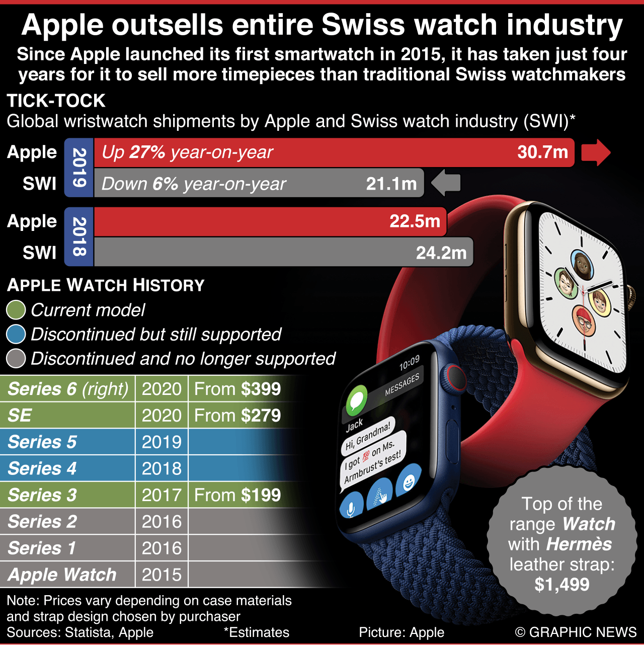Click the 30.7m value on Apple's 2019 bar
(542, 152)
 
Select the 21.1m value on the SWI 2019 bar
(391, 184)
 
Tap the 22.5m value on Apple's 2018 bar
(415, 221)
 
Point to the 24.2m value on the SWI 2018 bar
(441, 253)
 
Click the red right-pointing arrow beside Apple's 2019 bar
(596, 152)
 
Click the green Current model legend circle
(16, 310)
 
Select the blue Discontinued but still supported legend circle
(16, 334)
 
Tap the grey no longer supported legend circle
(16, 358)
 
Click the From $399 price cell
(237, 389)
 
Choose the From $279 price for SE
(237, 416)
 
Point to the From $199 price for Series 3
(237, 495)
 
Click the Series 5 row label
(42, 442)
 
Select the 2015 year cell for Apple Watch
(162, 575)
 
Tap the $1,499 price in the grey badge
(562, 585)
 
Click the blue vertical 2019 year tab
(79, 168)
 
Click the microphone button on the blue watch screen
(351, 508)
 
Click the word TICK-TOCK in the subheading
(56, 101)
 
